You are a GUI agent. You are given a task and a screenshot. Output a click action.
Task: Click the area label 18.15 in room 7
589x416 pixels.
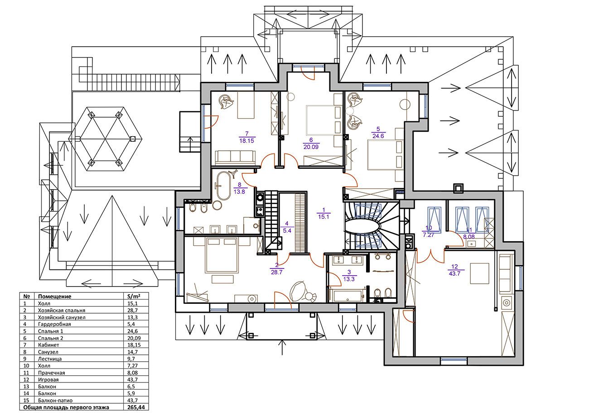coord(246,141)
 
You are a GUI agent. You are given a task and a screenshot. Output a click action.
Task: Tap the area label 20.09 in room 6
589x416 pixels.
coord(311,147)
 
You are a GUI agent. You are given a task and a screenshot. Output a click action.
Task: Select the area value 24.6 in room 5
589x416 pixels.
coord(378,136)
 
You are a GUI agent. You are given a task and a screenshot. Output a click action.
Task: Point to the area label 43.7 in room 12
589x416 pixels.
coord(454,274)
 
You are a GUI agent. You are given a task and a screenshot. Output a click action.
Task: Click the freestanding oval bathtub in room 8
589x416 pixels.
coord(224,186)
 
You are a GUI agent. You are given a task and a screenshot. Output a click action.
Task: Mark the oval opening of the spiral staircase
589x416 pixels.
coord(363,225)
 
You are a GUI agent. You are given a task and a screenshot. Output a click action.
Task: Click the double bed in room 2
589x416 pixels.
coord(222,255)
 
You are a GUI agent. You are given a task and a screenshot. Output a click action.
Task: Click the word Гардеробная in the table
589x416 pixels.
coord(54,324)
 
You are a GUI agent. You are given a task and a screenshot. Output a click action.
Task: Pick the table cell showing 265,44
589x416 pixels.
coord(136,407)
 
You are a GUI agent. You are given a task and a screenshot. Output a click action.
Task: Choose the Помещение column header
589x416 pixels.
coord(55,296)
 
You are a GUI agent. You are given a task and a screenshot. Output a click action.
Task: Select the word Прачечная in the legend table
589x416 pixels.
coord(52,373)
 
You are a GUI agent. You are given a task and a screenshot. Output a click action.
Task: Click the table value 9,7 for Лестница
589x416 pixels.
coord(131,359)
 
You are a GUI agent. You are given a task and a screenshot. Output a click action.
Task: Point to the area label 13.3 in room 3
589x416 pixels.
coord(349,279)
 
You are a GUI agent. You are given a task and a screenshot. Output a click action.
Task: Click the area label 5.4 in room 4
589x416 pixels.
coord(287,230)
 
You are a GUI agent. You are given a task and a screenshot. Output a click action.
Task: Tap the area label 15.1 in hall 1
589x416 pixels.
coord(323,217)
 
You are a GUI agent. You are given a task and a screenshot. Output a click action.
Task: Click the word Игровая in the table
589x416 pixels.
coord(48,379)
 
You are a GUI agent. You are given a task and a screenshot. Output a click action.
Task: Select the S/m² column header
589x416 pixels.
coord(134,296)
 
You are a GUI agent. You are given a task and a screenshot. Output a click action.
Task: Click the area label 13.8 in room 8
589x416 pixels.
coord(239,192)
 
